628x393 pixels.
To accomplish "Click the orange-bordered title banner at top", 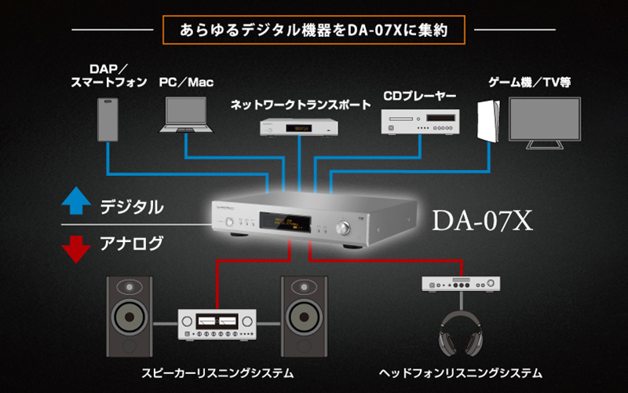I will (314, 32).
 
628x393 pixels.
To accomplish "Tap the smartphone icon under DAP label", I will (109, 119).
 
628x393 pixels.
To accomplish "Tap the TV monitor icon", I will (544, 123).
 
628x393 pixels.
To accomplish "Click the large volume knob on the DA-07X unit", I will (343, 228).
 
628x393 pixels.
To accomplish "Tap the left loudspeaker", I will (136, 314).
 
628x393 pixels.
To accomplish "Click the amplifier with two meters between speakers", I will (219, 325).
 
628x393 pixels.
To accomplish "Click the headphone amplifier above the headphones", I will (462, 284).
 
